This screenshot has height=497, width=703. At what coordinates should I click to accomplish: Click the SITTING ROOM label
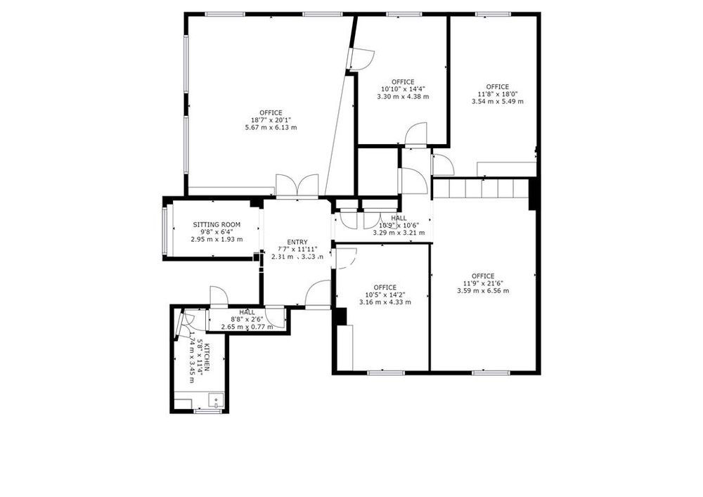pos(217,225)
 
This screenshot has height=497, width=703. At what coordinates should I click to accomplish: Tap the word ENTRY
pos(297,243)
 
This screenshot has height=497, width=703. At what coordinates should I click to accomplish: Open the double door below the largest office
pos(297,186)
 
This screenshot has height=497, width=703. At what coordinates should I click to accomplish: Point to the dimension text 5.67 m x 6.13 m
pos(271,127)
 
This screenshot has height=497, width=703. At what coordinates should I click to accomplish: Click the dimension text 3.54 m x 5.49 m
pos(497,101)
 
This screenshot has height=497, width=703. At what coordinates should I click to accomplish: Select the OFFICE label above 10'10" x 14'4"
pos(403,82)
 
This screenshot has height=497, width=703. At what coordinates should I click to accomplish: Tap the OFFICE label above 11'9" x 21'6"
pos(483,276)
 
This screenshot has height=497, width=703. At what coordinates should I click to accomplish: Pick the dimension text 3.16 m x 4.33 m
pos(385,302)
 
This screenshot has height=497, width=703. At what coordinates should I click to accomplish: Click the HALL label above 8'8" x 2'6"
pos(247,312)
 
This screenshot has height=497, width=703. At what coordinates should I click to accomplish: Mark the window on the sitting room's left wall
pos(165,229)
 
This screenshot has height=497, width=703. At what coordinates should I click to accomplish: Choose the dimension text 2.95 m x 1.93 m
pos(217,239)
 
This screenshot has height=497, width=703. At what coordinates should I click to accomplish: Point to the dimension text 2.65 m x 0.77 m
pos(247,326)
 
